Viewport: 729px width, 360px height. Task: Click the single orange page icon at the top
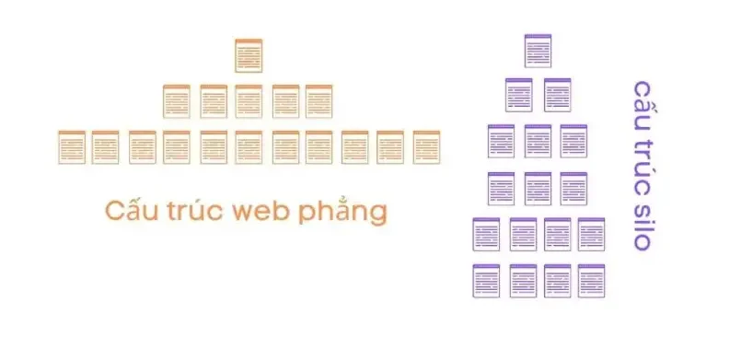[x=248, y=55]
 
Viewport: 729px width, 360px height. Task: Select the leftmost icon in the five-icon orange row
[x=176, y=101]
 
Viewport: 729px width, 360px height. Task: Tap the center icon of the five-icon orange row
[x=248, y=101]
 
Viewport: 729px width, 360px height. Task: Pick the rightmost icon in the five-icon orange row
[x=318, y=101]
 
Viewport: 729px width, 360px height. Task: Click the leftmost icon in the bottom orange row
[x=71, y=146]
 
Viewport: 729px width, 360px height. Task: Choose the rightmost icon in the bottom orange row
[x=424, y=146]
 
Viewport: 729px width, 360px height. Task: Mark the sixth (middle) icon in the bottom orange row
[x=248, y=146]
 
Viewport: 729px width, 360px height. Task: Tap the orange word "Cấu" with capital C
[x=132, y=210]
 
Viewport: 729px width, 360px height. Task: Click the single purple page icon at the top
[x=538, y=50]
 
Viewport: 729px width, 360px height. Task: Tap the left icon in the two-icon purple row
[x=518, y=95]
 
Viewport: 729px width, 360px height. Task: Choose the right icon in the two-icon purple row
[x=557, y=95]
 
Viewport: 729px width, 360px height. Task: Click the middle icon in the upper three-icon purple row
[x=538, y=141]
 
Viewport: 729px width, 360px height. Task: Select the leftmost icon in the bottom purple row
[x=485, y=280]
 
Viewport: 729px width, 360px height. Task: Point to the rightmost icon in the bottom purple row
[x=591, y=280]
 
